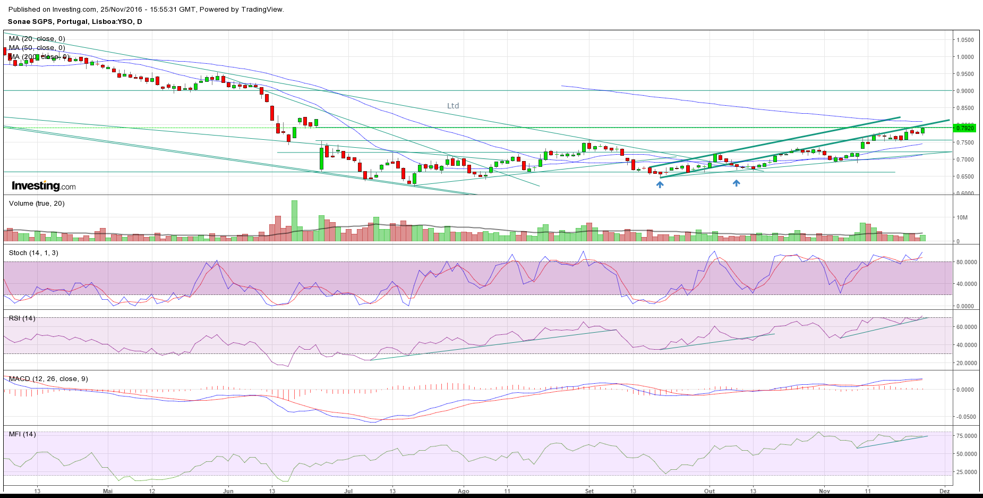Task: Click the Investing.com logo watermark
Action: pos(44,186)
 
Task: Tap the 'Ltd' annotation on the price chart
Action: pos(452,106)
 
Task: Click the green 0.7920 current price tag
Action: pos(964,128)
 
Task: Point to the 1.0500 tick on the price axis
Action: pos(965,40)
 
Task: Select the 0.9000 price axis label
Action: pos(965,91)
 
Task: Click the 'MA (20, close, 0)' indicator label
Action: pos(37,39)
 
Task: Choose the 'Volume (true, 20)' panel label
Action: pos(37,204)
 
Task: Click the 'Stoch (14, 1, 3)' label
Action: pos(33,253)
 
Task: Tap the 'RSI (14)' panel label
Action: pos(22,318)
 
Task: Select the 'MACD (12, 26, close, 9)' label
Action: pos(48,379)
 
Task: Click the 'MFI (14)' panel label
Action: pos(22,434)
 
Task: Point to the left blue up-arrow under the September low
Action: pos(660,184)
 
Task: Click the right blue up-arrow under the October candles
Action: pos(736,183)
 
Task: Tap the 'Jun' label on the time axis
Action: pos(228,491)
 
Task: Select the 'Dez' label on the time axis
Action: pos(944,491)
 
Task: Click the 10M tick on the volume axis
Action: pos(962,217)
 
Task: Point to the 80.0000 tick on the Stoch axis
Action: pos(966,262)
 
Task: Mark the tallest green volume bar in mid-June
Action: pos(294,221)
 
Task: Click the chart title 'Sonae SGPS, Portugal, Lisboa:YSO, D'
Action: pos(75,22)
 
